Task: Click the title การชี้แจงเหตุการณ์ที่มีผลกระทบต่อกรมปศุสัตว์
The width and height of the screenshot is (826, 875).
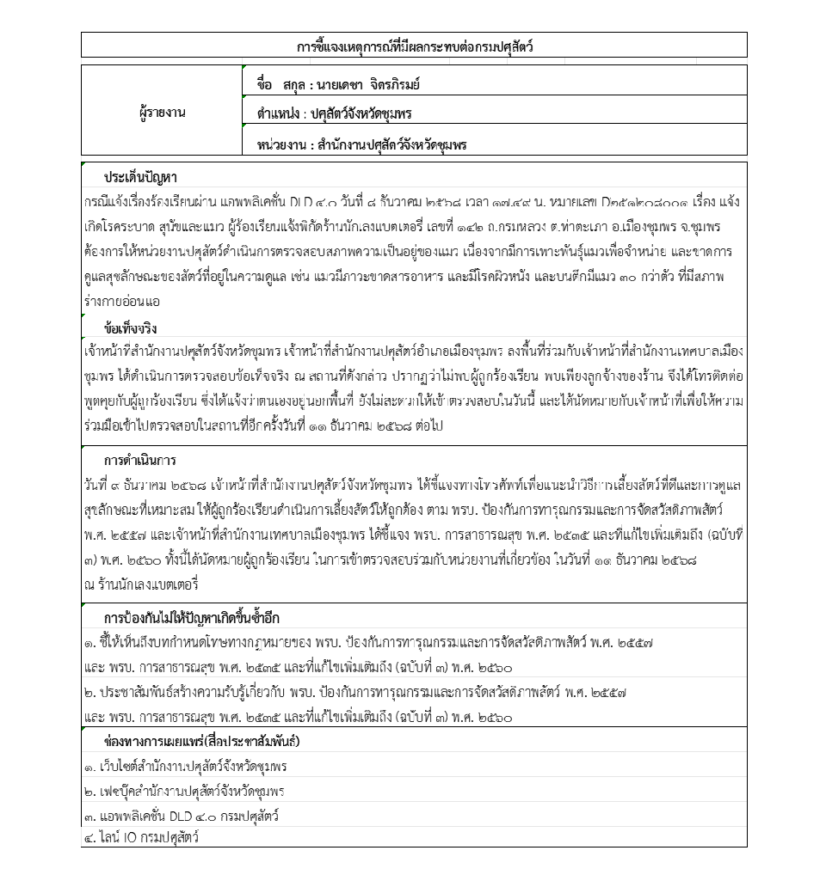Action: click(414, 46)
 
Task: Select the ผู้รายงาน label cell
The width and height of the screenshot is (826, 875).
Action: click(162, 113)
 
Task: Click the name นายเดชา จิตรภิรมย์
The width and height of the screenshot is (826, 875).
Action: click(367, 84)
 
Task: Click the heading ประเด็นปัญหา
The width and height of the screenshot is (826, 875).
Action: click(140, 177)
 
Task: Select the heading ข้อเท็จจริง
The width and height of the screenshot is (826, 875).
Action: click(130, 328)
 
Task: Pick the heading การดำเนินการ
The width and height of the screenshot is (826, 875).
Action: click(139, 461)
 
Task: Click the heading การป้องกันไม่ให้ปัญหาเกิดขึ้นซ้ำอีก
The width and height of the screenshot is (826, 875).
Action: click(191, 618)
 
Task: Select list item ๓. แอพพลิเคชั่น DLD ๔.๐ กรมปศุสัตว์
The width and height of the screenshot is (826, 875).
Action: click(181, 816)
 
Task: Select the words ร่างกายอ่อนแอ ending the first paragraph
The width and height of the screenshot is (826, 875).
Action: click(122, 303)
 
